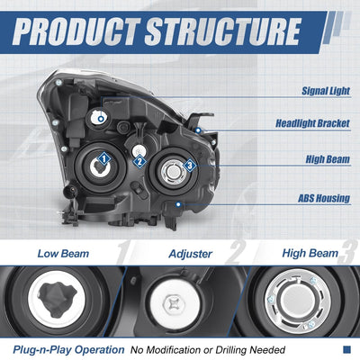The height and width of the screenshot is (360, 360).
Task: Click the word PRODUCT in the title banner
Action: tap(76, 31)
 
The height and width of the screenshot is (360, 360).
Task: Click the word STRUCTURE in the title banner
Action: tap(222, 31)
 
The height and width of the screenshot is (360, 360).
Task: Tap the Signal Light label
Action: tap(326, 91)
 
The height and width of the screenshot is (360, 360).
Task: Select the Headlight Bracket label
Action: tap(312, 123)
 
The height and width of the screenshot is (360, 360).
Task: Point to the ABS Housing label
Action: tap(324, 198)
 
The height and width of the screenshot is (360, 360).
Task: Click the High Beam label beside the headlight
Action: tap(328, 159)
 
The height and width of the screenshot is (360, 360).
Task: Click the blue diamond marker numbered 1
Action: tap(103, 158)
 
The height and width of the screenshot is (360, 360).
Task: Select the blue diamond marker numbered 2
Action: tap(139, 162)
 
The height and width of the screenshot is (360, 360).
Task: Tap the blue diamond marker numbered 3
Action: tap(190, 165)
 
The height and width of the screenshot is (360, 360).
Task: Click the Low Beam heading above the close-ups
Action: tap(63, 254)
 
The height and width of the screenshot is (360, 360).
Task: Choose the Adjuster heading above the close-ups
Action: tap(191, 254)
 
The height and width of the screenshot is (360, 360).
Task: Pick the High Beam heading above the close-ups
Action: tap(310, 254)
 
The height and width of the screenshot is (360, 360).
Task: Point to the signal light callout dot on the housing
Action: tap(101, 119)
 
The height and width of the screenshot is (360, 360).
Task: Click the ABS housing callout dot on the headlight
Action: tap(178, 204)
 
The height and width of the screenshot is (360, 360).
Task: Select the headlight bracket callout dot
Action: tap(198, 130)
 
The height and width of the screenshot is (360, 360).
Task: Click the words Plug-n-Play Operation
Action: tap(68, 350)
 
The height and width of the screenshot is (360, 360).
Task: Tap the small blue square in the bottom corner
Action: tap(346, 349)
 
